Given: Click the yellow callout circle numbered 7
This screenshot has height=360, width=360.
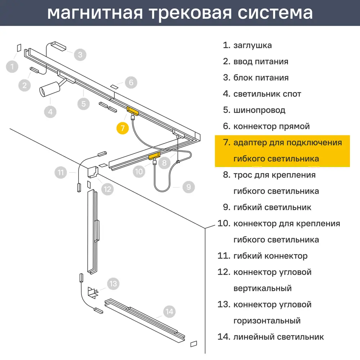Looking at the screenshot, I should pos(123,128).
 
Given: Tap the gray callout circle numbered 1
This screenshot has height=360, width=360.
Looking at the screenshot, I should pos(12,67).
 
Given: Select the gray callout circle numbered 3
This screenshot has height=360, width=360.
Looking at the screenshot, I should pos(80,55).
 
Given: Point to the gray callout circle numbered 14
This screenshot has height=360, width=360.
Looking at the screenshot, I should pos(170,311).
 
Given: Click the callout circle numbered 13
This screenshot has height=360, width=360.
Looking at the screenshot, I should pos(113,284).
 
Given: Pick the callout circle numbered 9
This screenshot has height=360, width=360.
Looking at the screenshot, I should pos(188,186).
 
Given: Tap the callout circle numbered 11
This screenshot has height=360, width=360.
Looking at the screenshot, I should pos(61,172).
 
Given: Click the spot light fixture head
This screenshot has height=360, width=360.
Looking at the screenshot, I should pos(48,90).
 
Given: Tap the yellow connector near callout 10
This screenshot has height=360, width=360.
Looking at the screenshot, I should pos(154,156).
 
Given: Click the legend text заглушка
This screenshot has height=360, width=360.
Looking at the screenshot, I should pos(252,45).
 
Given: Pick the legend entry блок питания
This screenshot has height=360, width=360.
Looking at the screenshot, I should pos(261,78).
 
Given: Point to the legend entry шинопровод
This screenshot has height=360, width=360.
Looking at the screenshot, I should pos(259,110).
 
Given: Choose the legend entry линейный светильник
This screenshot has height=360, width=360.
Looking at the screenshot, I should pos(278,337).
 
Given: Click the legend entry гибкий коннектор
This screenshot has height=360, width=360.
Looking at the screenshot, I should pos(270,256).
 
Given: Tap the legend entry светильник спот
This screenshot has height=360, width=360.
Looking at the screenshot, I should pos(267,94).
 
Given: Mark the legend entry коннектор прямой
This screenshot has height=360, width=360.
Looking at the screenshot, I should pos(271,126).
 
